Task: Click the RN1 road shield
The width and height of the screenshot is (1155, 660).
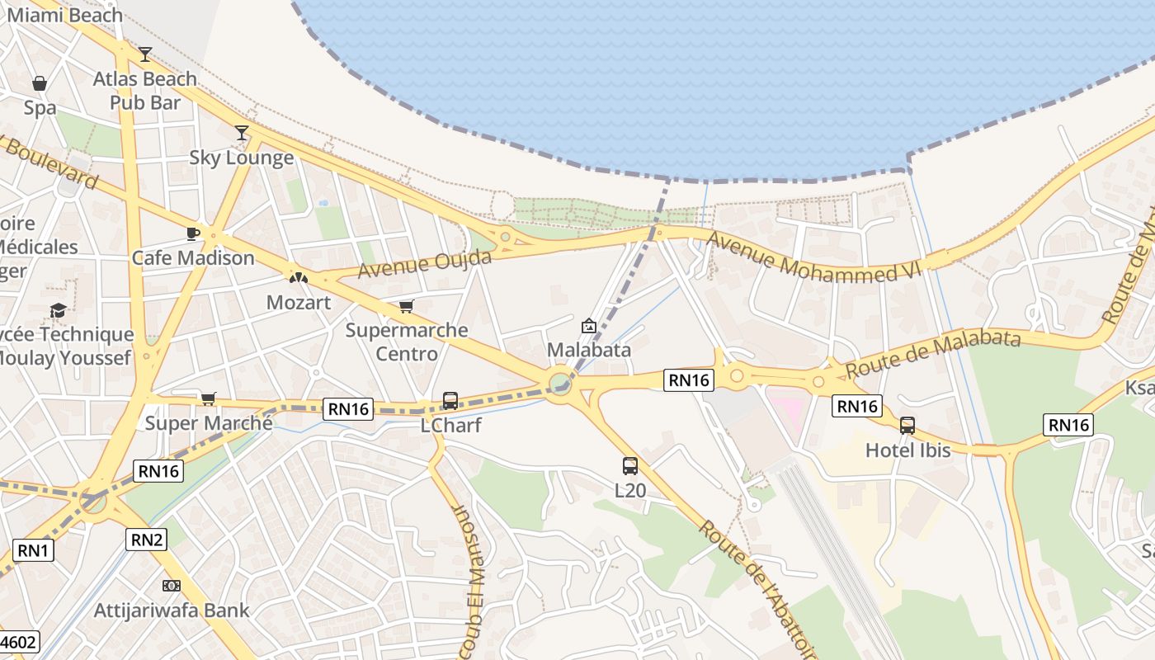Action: pos(33,550)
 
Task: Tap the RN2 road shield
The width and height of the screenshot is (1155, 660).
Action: pos(147,540)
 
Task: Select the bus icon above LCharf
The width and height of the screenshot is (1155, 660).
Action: pos(450,401)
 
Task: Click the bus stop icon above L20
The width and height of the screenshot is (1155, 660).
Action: pos(630,466)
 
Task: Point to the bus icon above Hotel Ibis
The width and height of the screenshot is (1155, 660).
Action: pos(907,426)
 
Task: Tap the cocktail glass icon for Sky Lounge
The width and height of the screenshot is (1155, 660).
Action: pos(242,133)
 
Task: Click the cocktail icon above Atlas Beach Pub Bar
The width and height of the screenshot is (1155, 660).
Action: pos(145,54)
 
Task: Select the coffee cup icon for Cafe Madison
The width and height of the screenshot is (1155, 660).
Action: pos(193,233)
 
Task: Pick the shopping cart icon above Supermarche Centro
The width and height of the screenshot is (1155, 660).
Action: pos(406,307)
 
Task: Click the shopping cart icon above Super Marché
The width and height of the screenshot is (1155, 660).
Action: pos(209,399)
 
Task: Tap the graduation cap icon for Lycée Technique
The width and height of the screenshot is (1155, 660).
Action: pos(58,310)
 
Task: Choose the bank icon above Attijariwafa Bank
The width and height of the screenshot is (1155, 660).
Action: pos(172,586)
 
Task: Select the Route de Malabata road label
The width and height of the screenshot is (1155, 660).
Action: pos(933,350)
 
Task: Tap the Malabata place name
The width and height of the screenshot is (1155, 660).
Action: pos(589,350)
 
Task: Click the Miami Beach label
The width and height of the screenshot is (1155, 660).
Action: pos(64,15)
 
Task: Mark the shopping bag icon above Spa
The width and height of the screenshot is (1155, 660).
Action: pos(39,83)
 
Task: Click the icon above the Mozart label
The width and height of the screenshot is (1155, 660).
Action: pos(299,278)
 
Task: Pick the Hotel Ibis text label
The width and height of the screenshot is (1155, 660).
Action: pos(907,450)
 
